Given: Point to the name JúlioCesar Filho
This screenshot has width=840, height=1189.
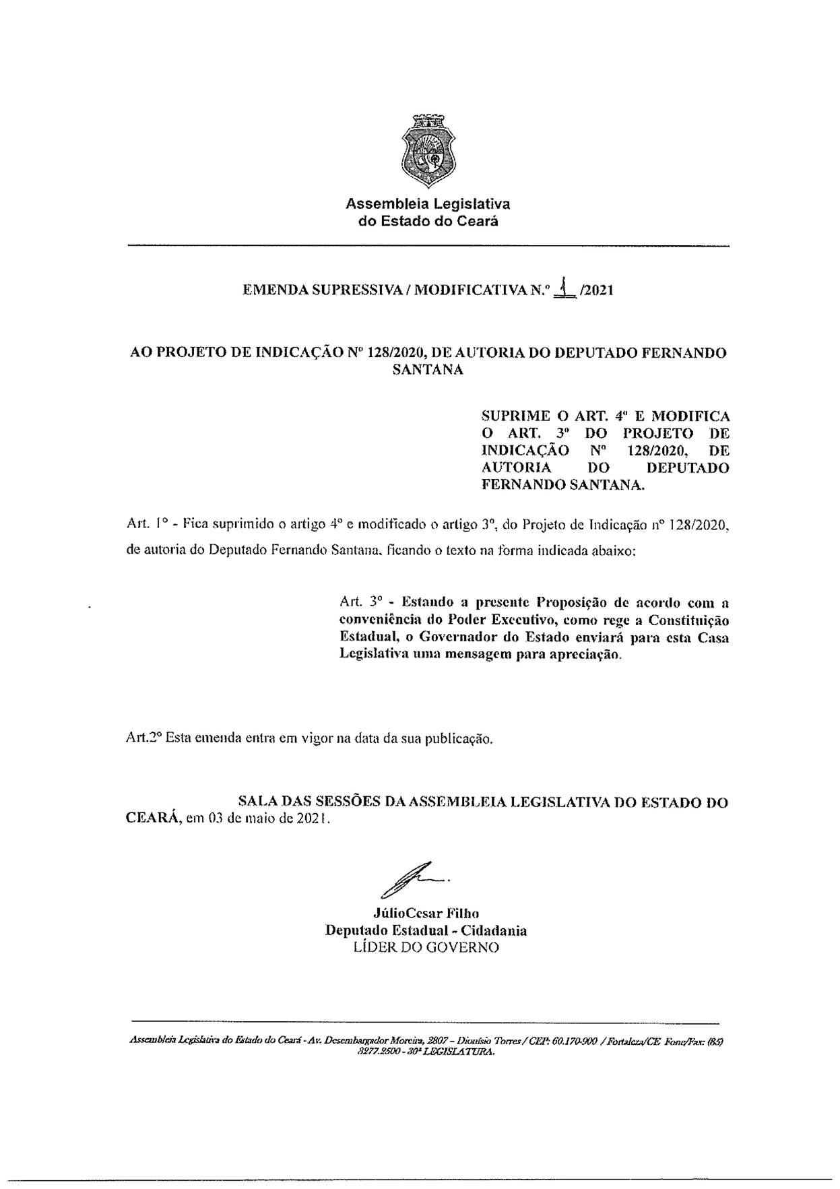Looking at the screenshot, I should click(x=425, y=913).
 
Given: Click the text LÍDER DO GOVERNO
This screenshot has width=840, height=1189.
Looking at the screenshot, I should click(x=426, y=947).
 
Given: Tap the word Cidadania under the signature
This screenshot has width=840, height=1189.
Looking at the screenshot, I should click(x=495, y=930).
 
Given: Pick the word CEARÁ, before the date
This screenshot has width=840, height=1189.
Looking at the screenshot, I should click(x=152, y=820).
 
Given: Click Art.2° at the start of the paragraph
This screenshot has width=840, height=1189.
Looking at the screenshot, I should click(x=143, y=738).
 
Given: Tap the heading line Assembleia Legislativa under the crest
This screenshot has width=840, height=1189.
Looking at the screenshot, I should click(x=428, y=203).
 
